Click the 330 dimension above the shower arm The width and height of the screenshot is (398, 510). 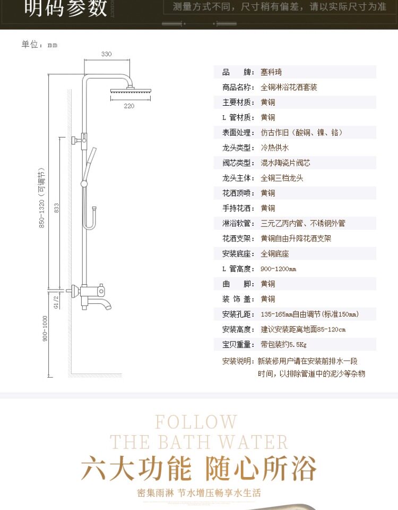(x=106, y=54)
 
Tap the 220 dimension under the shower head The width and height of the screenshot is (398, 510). (x=129, y=106)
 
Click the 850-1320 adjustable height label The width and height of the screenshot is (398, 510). (x=41, y=198)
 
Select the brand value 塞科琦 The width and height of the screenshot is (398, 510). (x=271, y=72)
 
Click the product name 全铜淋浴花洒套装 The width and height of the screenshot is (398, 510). (x=289, y=87)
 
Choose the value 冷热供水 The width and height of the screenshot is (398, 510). (x=275, y=148)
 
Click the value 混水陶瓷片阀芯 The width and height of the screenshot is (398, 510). (x=285, y=163)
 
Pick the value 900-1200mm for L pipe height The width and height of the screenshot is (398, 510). (x=278, y=269)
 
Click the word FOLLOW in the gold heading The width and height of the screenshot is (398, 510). (x=196, y=422)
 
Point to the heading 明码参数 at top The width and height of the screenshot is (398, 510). (x=66, y=7)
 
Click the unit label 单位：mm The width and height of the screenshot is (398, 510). (x=39, y=45)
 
